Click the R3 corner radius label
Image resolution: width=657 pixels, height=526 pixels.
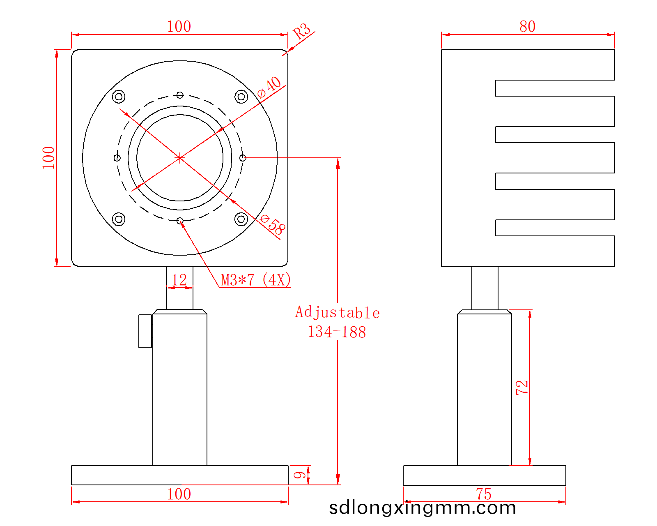pos(302,31)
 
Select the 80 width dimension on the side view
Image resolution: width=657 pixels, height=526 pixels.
pos(527,27)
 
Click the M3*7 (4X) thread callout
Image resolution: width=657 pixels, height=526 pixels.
pos(256,280)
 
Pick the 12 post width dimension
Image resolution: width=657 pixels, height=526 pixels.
pos(179,280)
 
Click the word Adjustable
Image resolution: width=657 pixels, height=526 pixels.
pos(338,313)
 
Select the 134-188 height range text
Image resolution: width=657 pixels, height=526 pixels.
pos(337,332)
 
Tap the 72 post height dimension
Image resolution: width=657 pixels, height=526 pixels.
pos(522,388)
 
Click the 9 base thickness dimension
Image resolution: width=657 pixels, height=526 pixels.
pos(301,475)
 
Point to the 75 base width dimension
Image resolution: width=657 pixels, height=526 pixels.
pos(484,494)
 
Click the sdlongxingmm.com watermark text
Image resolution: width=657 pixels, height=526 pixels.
pos(422,508)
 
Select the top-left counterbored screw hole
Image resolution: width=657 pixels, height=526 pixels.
pos(119,97)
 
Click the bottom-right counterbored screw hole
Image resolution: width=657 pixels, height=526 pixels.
pos(241,219)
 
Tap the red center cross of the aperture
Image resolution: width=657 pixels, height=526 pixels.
pos(180,158)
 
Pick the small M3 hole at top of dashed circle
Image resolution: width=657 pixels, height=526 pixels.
pos(180,95)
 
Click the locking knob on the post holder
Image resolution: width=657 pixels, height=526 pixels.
pos(145,331)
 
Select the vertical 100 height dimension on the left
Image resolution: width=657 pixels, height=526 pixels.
pos(49,157)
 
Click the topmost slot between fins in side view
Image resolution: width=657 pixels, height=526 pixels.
pos(554,88)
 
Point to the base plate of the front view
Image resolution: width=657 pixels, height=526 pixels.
pos(179,475)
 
